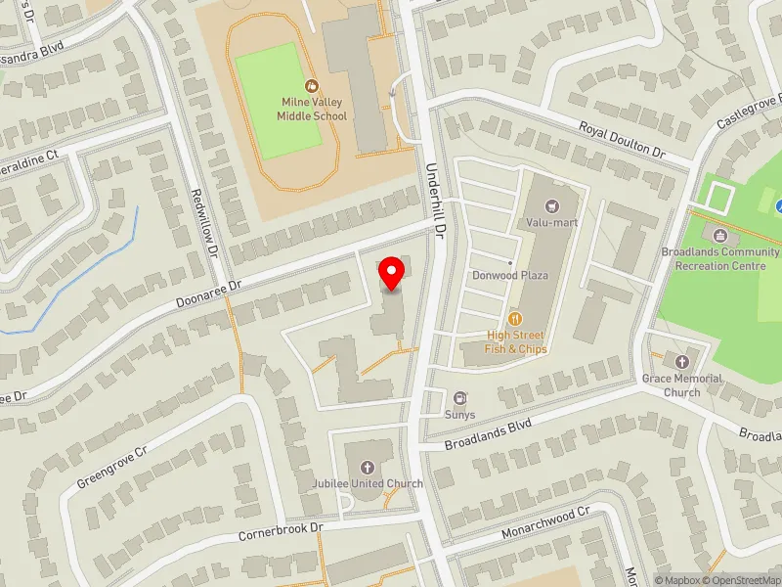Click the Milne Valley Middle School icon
click(x=312, y=86)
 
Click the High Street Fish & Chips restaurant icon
click(x=515, y=318)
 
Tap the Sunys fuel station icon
click(x=459, y=397)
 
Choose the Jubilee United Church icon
click(x=368, y=468)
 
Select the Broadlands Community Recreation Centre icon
click(x=720, y=236)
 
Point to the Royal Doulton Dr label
click(x=621, y=140)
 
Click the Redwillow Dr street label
click(x=205, y=222)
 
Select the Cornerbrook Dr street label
click(x=281, y=532)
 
